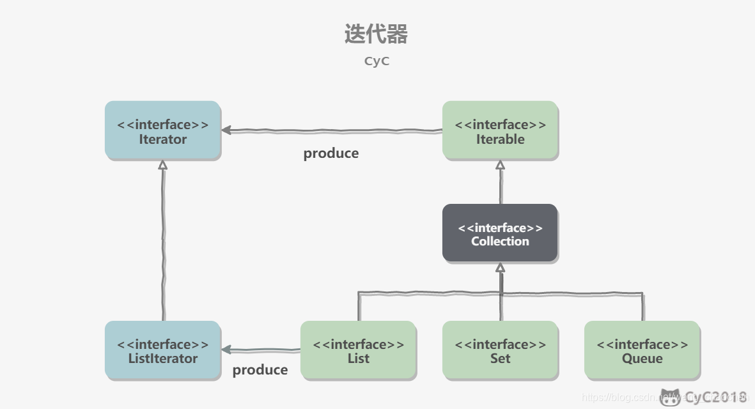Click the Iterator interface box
(x=162, y=130)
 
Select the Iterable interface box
(x=500, y=130)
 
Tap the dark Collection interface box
(x=500, y=233)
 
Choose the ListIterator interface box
(x=162, y=350)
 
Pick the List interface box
(x=358, y=350)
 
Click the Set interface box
(x=500, y=350)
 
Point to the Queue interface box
(x=642, y=350)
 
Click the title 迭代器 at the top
(x=376, y=34)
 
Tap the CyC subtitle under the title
(x=377, y=61)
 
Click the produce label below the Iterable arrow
(x=331, y=153)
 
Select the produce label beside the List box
(x=260, y=370)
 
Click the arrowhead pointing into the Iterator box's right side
(x=226, y=130)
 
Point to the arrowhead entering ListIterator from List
(x=226, y=350)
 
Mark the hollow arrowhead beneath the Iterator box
(x=162, y=165)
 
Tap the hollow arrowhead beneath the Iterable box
(x=500, y=165)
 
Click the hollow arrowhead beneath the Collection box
(x=500, y=268)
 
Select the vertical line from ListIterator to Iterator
(x=163, y=243)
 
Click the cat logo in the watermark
(x=670, y=397)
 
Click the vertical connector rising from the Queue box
(x=642, y=307)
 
